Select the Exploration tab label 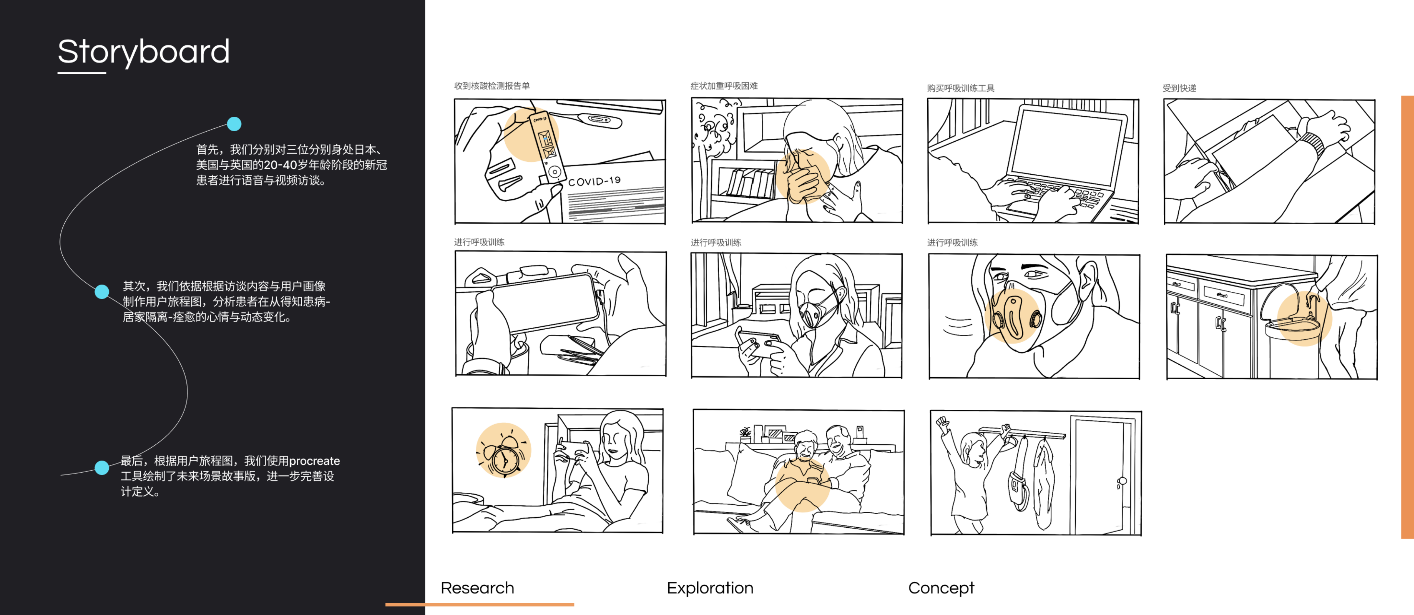710,588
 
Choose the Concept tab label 941,588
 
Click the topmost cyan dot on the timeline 234,124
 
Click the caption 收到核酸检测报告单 492,86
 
